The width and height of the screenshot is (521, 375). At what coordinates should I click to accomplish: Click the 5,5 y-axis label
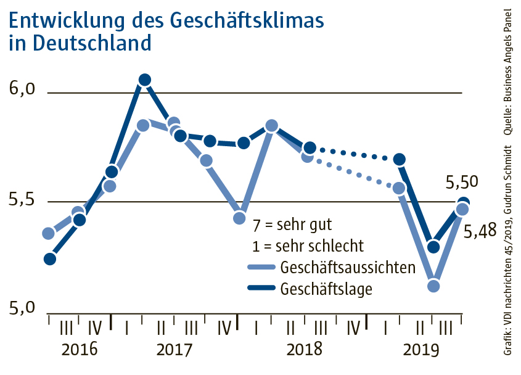pos(23,202)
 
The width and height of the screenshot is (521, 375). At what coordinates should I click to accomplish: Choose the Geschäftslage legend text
pos(326,288)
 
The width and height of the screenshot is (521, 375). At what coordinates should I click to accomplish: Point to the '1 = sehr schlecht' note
pos(308,245)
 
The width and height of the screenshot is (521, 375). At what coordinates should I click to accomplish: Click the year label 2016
pos(80,349)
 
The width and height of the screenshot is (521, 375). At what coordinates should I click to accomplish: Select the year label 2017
pos(174,349)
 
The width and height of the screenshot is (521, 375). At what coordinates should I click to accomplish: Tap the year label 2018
pos(305,349)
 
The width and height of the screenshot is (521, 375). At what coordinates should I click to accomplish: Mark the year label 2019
pos(420,349)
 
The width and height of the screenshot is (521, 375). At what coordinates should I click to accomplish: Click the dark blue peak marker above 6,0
pos(145,80)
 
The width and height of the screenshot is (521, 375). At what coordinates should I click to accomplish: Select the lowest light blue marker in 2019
pos(433,286)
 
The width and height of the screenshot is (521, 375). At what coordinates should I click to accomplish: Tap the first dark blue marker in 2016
pos(50,259)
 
